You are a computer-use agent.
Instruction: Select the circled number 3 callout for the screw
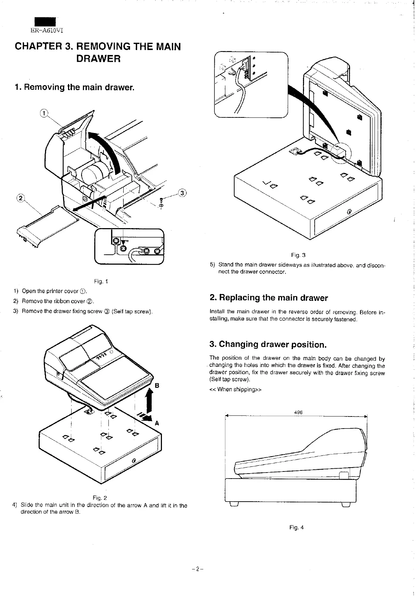pos(182,193)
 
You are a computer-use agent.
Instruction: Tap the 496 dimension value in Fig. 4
pos(298,412)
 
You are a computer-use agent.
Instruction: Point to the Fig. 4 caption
pos(297,527)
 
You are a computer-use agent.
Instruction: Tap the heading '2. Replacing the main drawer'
pos(269,298)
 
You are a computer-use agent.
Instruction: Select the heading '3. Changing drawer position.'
pos(268,344)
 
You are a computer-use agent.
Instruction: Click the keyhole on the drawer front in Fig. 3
pos(349,211)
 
